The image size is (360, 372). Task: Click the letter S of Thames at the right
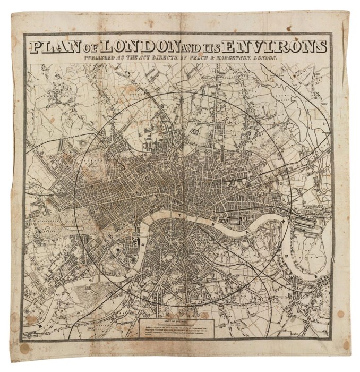316,276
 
